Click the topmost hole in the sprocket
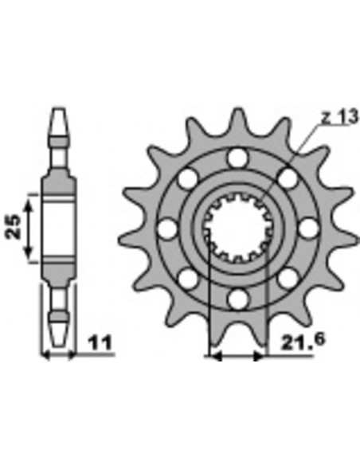(237, 158)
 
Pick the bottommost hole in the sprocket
(237, 299)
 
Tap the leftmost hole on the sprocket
(166, 229)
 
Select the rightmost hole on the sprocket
(307, 229)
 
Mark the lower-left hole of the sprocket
(187, 279)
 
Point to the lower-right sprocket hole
(287, 279)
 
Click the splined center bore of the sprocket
(237, 229)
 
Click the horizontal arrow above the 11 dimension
(57, 354)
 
